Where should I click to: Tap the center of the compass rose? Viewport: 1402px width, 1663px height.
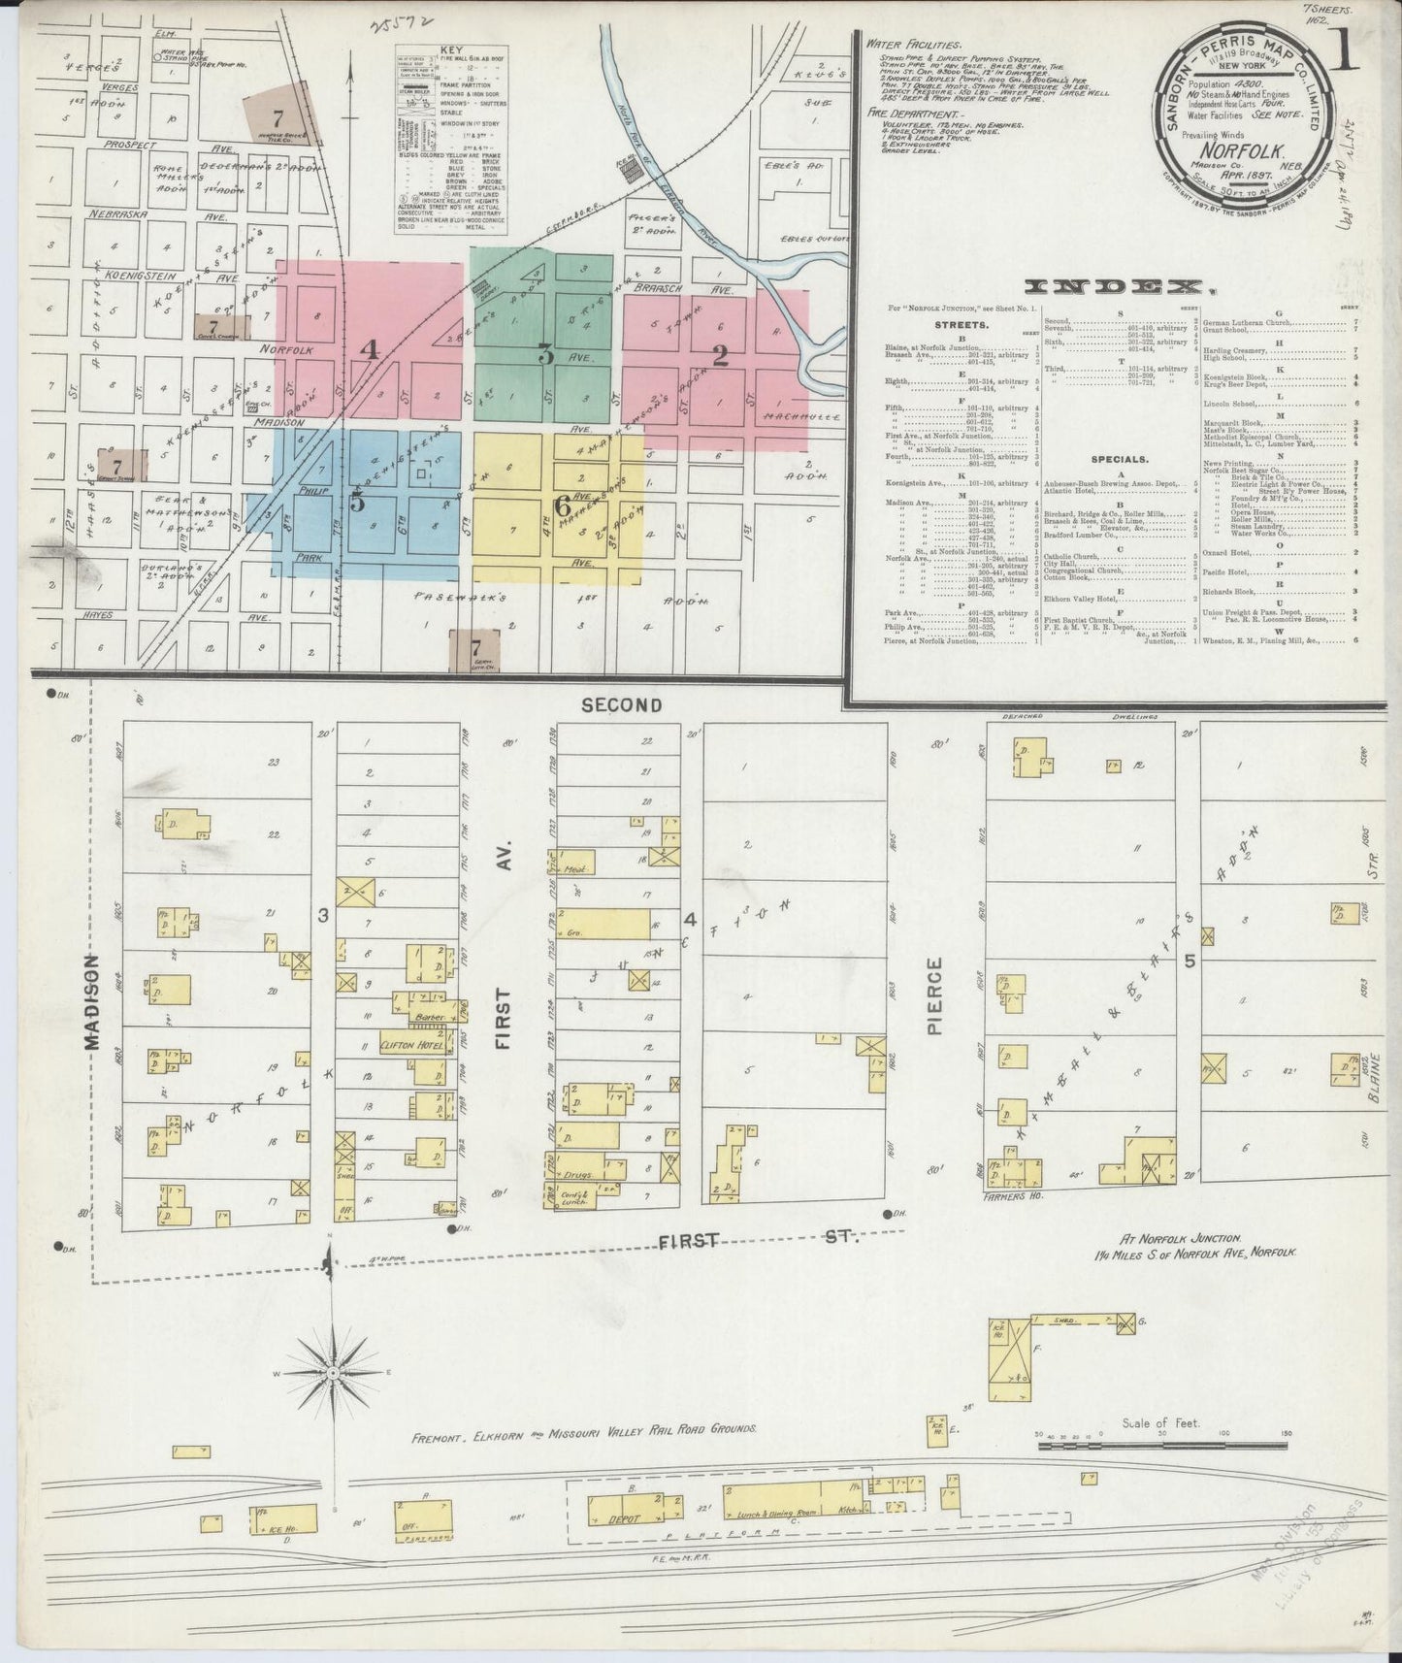333,1374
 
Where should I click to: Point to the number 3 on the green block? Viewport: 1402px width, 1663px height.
546,356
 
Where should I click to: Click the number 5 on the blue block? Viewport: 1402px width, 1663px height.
358,502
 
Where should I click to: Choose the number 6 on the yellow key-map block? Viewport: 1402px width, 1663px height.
562,505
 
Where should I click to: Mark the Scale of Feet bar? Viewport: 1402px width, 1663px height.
1160,1445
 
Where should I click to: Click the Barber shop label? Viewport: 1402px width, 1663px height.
428,1017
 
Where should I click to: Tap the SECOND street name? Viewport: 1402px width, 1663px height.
621,705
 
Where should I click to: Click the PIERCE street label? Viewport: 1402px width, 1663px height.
934,996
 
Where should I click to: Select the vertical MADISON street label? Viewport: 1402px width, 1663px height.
91,1000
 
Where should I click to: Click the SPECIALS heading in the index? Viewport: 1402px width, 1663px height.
1119,459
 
